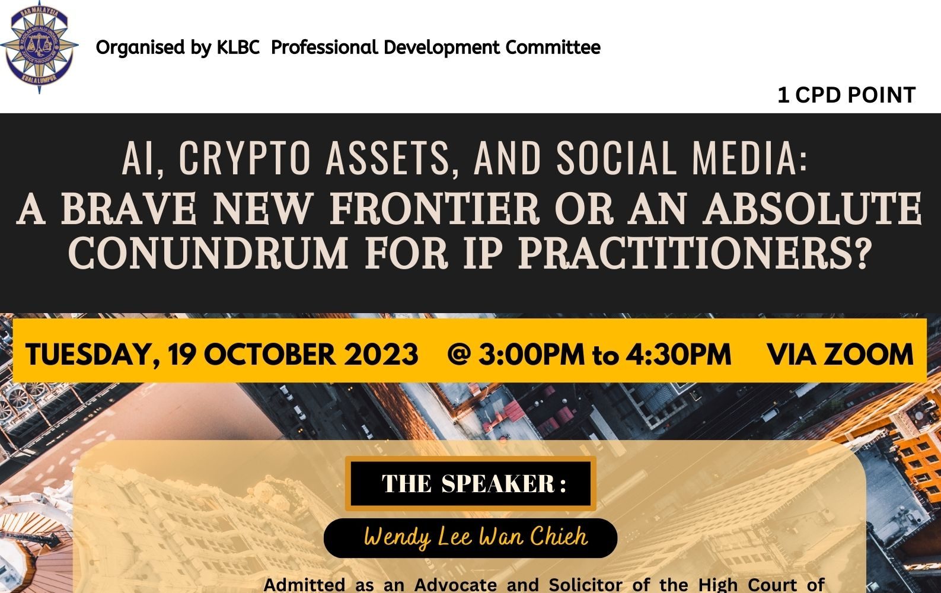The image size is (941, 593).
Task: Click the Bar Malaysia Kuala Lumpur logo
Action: [x=39, y=47]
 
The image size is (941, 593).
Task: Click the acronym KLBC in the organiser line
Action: [x=238, y=47]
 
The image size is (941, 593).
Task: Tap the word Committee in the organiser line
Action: [x=553, y=47]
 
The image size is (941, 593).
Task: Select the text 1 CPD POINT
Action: [x=847, y=95]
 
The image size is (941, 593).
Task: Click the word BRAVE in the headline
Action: [x=129, y=208]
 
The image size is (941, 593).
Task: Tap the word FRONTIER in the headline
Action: [x=435, y=208]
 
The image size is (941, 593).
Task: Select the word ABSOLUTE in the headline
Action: [x=813, y=208]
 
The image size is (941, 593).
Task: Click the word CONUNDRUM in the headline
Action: [x=208, y=253]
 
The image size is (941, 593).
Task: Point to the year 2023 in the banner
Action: [x=381, y=354]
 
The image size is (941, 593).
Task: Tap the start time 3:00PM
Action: [x=531, y=354]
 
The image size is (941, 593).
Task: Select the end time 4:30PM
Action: [x=678, y=354]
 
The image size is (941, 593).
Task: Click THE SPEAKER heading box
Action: [x=471, y=484]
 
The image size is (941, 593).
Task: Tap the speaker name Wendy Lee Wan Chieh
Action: [x=476, y=537]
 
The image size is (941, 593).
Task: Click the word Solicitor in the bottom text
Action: [x=586, y=585]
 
